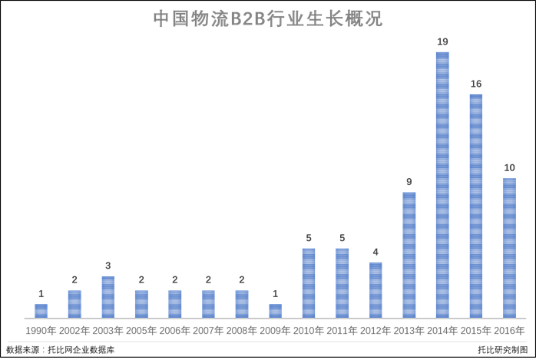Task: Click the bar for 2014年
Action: pos(442,185)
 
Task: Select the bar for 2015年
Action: pos(476,206)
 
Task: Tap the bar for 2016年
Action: pos(509,248)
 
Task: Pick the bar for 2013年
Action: pos(409,255)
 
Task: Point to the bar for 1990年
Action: pos(41,311)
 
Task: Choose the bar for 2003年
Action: pos(108,297)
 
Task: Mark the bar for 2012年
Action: pos(376,290)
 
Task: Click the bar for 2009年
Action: pos(275,311)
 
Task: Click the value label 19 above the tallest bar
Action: pos(442,41)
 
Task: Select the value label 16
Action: pos(476,83)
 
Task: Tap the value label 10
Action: pos(509,167)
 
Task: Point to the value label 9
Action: pos(409,181)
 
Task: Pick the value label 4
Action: pos(376,252)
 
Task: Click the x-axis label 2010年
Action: pos(309,331)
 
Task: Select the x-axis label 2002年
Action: pos(74,331)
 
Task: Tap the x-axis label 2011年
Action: pos(342,331)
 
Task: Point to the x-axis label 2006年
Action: pos(175,331)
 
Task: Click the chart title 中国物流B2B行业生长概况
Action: pos(267,18)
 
